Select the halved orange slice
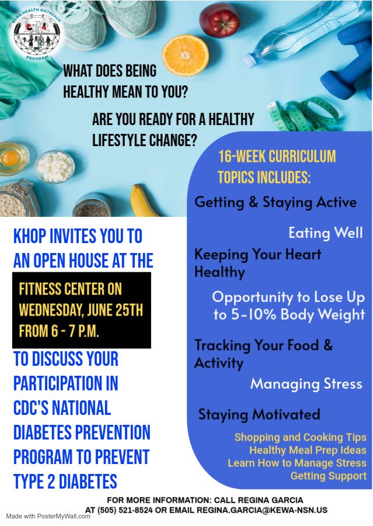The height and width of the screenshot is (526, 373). [185, 56]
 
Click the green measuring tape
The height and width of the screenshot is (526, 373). [302, 113]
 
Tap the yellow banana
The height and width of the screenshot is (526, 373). [144, 200]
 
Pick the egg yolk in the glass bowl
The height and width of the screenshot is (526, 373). [11, 157]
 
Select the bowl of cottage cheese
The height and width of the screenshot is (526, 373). [55, 167]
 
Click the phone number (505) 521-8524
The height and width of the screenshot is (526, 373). [125, 510]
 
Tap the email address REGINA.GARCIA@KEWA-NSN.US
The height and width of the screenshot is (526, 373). [262, 510]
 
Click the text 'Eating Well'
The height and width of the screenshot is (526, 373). [326, 233]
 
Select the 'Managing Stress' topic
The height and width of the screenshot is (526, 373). [306, 384]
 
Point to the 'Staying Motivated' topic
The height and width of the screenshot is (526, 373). [259, 414]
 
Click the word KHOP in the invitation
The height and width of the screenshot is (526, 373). [30, 236]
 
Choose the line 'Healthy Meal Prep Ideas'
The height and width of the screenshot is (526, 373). [308, 450]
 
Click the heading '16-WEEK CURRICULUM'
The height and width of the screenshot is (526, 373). [277, 157]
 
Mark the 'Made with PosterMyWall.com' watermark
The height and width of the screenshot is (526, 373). [48, 516]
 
